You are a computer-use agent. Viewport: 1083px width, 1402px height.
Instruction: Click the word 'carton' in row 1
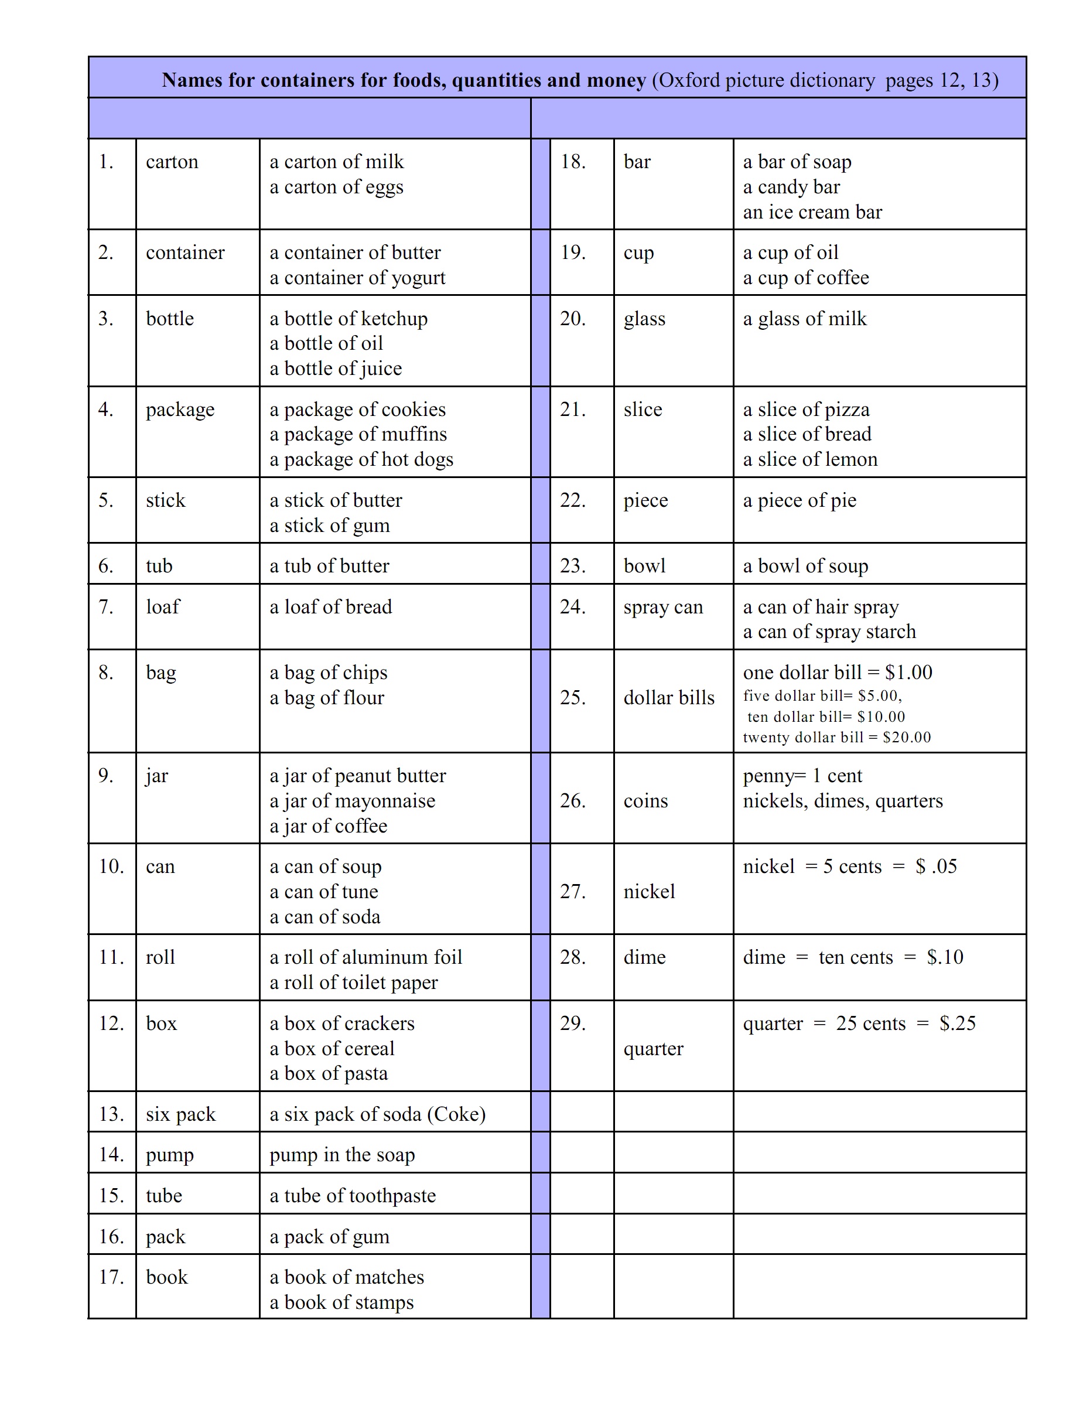pyautogui.click(x=172, y=162)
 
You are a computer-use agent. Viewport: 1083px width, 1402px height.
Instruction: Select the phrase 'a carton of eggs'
pyautogui.click(x=336, y=187)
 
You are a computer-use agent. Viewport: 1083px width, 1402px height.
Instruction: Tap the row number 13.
pyautogui.click(x=111, y=1114)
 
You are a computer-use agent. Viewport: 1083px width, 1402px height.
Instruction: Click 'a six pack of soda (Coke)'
pyautogui.click(x=377, y=1114)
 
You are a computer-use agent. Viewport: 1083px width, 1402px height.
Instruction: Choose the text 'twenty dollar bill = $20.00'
pyautogui.click(x=836, y=737)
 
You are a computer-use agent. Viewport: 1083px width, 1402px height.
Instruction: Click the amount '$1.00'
pyautogui.click(x=908, y=672)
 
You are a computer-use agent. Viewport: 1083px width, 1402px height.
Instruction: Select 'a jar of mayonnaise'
pyautogui.click(x=352, y=800)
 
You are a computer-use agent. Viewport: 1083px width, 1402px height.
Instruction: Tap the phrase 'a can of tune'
pyautogui.click(x=324, y=892)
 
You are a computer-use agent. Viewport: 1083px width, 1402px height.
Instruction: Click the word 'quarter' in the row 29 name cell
pyautogui.click(x=653, y=1048)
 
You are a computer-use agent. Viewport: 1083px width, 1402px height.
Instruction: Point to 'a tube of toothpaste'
pyautogui.click(x=352, y=1195)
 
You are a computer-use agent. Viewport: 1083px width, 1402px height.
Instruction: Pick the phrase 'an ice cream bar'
pyautogui.click(x=812, y=212)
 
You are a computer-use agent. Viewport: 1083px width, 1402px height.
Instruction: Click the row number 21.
pyautogui.click(x=572, y=410)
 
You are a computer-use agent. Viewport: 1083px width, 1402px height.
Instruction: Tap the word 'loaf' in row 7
pyautogui.click(x=163, y=606)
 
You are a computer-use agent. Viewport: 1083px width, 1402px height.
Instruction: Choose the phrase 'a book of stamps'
pyautogui.click(x=341, y=1302)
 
